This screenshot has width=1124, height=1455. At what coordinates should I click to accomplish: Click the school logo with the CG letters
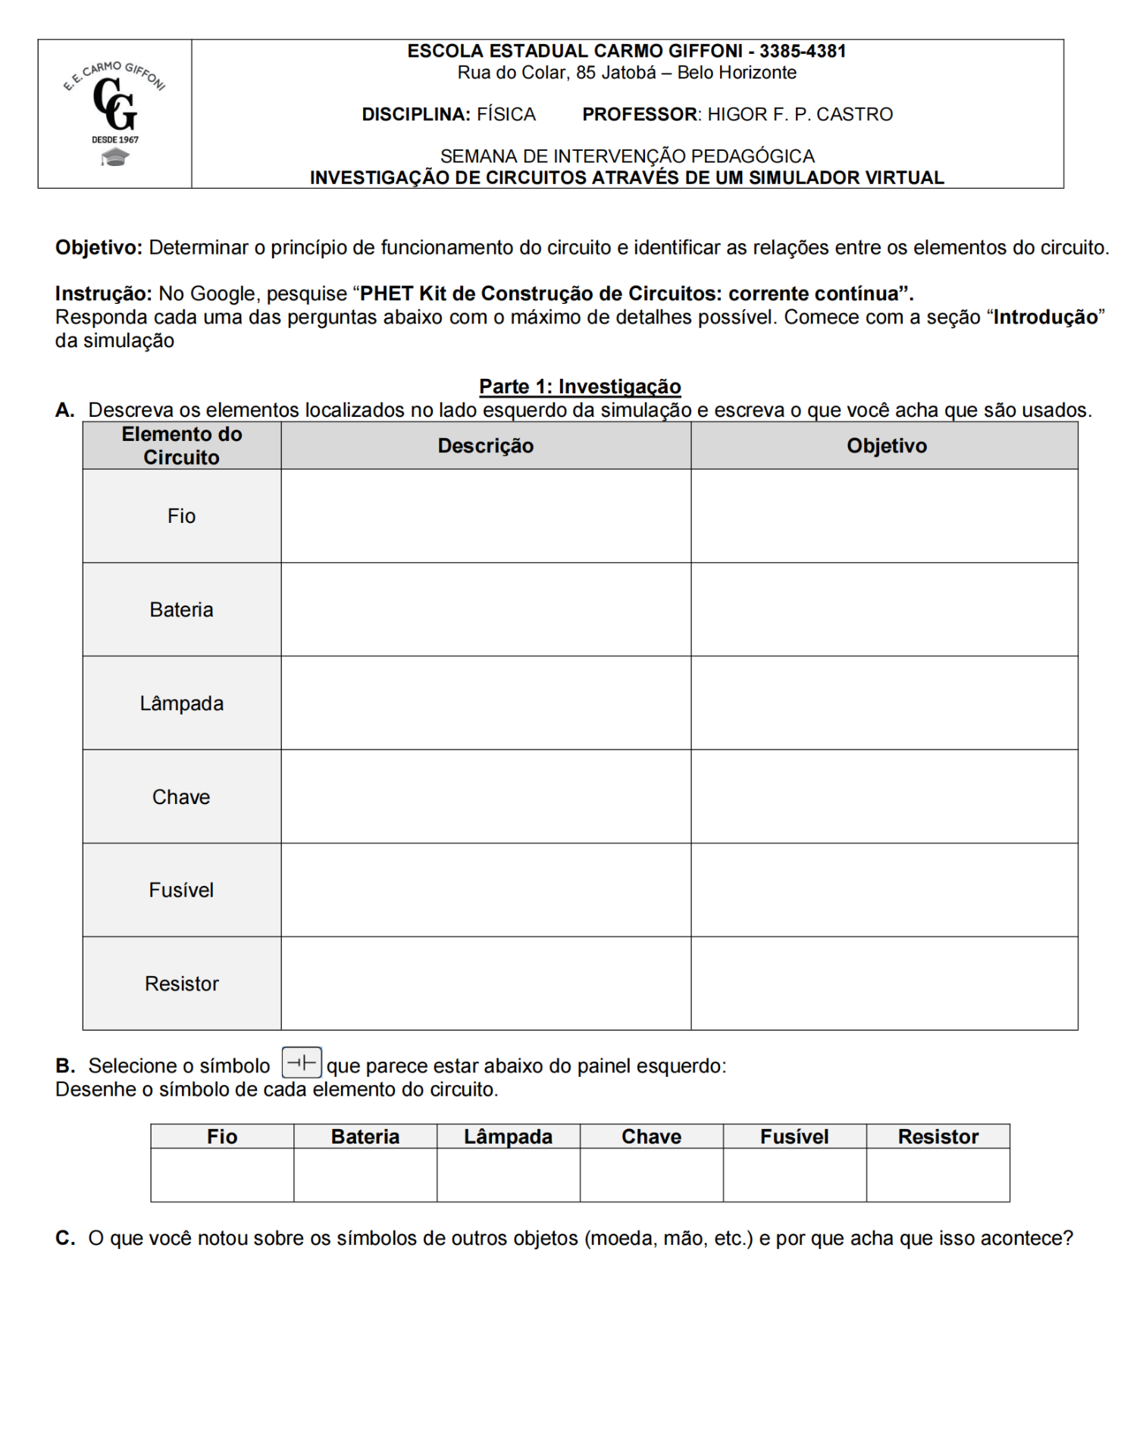click(x=115, y=114)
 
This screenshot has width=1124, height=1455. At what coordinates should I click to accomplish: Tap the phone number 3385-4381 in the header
click(x=803, y=52)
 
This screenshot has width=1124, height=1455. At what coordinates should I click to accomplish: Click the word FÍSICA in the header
click(x=506, y=114)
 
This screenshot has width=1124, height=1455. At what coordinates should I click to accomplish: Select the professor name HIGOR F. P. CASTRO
click(x=800, y=114)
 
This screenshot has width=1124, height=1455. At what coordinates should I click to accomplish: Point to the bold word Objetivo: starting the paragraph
click(x=99, y=248)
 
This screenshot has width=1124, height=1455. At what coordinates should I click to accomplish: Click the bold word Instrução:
click(x=104, y=294)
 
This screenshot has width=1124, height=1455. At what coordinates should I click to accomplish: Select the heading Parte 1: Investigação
click(x=580, y=386)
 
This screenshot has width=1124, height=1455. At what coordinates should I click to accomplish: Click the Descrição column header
click(x=486, y=446)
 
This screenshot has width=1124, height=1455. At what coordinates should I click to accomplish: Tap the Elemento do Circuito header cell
click(x=182, y=446)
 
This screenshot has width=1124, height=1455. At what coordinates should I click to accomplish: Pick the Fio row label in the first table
click(x=182, y=516)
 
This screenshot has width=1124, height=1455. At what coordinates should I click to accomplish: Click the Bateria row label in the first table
click(x=182, y=610)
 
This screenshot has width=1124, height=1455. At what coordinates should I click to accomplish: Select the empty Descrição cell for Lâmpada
click(x=486, y=703)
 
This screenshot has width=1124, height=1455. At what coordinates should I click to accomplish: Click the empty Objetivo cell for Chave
click(x=884, y=796)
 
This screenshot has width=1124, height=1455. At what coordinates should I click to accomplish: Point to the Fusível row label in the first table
click(x=182, y=890)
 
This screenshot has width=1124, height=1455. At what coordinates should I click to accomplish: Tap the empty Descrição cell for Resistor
click(x=486, y=984)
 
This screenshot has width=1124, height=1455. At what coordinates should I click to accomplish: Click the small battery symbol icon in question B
click(x=302, y=1062)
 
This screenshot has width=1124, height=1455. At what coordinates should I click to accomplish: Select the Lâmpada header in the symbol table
click(x=508, y=1137)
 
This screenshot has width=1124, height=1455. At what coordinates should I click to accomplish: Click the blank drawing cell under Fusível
click(x=794, y=1175)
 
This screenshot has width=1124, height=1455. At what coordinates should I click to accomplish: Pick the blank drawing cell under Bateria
click(x=365, y=1175)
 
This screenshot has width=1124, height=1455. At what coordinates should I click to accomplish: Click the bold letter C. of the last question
click(x=65, y=1238)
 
